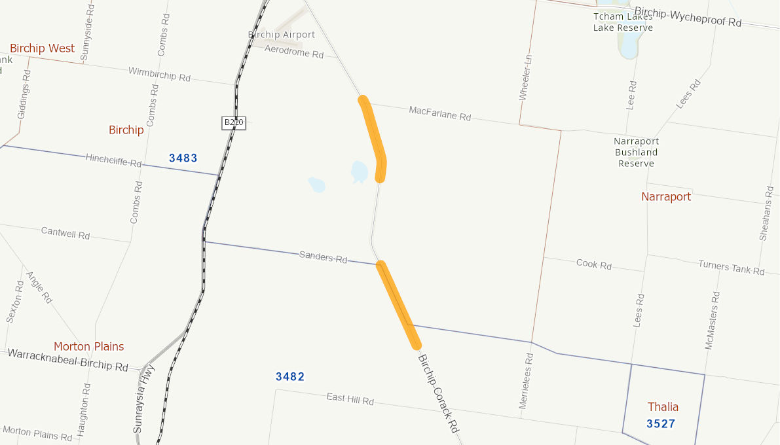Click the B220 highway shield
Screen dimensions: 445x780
pos(234,122)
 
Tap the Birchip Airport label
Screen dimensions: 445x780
pos(281,35)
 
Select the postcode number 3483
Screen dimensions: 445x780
pos(183,158)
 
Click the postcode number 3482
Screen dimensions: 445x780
pos(290,376)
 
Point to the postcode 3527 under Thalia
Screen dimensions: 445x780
pos(660,423)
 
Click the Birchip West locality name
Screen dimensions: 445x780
pos(42,48)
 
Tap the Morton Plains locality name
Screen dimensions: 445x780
pos(88,346)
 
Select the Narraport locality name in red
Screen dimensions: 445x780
pos(665,196)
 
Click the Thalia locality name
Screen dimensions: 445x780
pos(663,406)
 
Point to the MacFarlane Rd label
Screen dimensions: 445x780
pos(439,113)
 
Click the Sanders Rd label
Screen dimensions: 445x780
pos(323,257)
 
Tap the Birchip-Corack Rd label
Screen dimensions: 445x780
pos(437,393)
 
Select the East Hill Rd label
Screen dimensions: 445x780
pos(350,399)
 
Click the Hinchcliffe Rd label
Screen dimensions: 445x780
pos(113,160)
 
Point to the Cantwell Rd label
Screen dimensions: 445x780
pos(65,232)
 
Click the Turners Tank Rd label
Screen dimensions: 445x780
pos(731,267)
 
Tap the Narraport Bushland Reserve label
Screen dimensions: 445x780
pos(636,152)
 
